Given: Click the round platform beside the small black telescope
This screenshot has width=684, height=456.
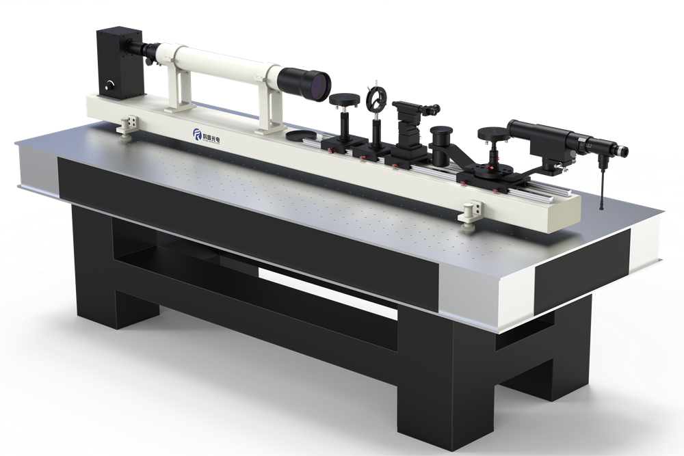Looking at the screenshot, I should click(x=492, y=133).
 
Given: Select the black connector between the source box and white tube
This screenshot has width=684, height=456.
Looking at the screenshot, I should click(x=146, y=49).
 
